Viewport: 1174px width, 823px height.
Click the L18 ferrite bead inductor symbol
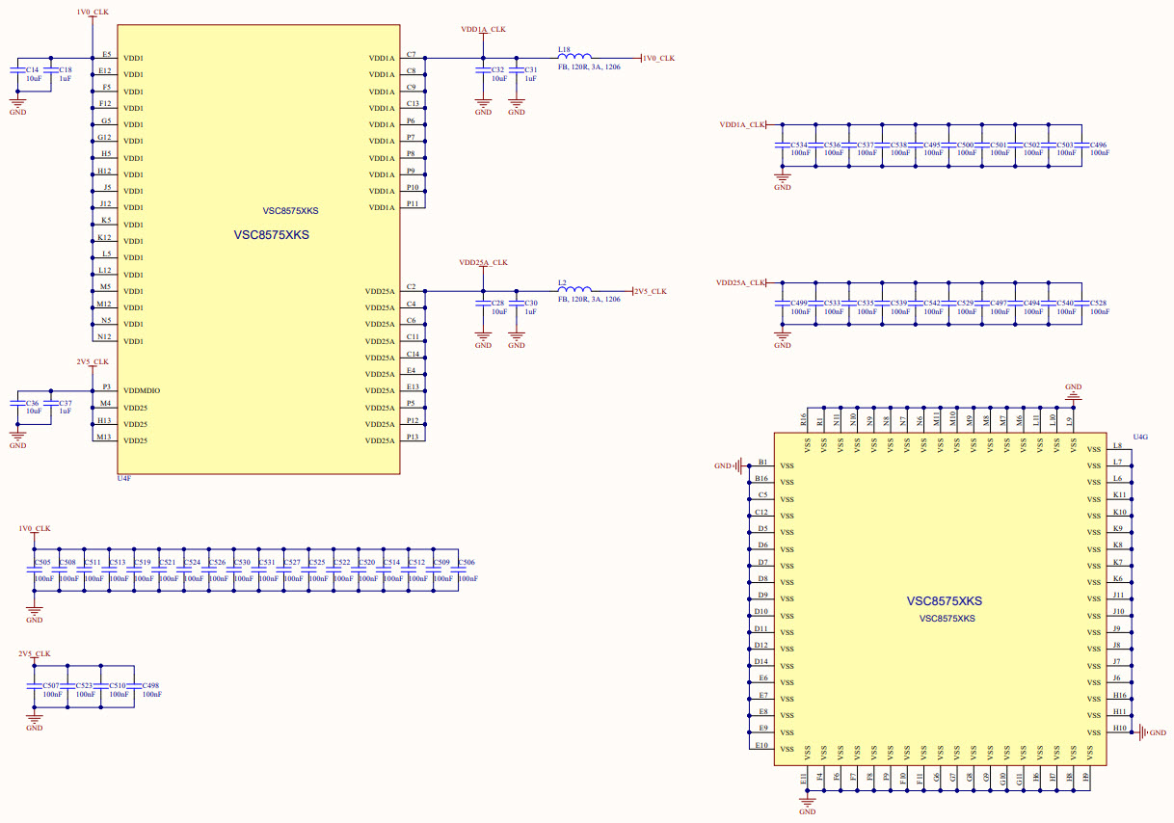[576, 57]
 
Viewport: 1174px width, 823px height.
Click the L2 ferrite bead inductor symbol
[576, 289]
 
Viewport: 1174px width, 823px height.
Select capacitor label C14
[33, 70]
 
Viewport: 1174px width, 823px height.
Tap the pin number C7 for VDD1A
[412, 55]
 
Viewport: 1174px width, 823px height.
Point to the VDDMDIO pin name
[142, 390]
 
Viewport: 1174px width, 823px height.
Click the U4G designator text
[1140, 437]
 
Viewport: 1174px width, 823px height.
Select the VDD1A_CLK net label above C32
[483, 30]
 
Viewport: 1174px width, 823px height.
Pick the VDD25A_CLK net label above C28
[483, 262]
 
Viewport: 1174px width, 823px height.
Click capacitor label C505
[42, 562]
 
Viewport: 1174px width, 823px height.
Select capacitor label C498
[149, 685]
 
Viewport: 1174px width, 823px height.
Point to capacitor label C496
[1098, 145]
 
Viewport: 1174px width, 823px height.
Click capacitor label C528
[1098, 303]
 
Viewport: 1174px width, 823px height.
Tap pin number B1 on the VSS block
[762, 462]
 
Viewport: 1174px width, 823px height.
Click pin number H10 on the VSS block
[1119, 728]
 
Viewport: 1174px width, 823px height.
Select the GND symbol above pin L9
[1073, 390]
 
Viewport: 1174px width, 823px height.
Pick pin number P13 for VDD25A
[413, 437]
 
